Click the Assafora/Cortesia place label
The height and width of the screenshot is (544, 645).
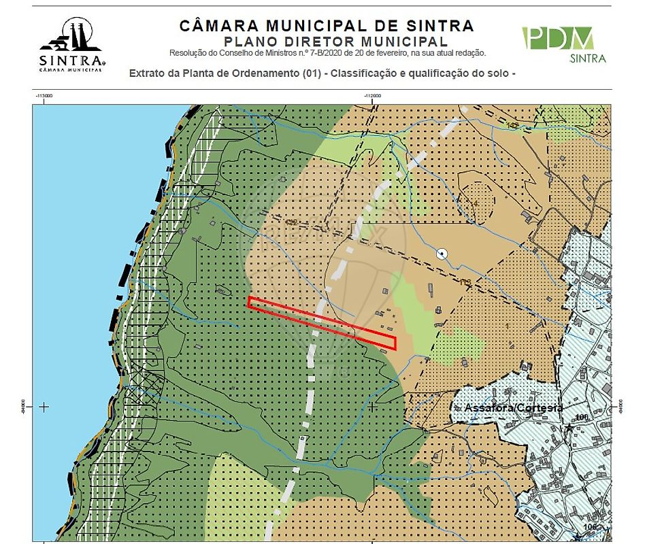tap(513, 407)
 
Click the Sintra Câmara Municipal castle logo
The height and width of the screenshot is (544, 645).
tap(71, 44)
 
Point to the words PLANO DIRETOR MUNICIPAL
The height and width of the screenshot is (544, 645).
tap(327, 41)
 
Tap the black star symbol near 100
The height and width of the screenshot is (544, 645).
tap(569, 427)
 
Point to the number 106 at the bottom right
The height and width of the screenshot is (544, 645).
tap(589, 527)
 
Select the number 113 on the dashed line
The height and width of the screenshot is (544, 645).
tap(466, 282)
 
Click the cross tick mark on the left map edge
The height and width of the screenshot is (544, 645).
tap(44, 407)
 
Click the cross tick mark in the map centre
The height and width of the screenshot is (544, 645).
tap(372, 407)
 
